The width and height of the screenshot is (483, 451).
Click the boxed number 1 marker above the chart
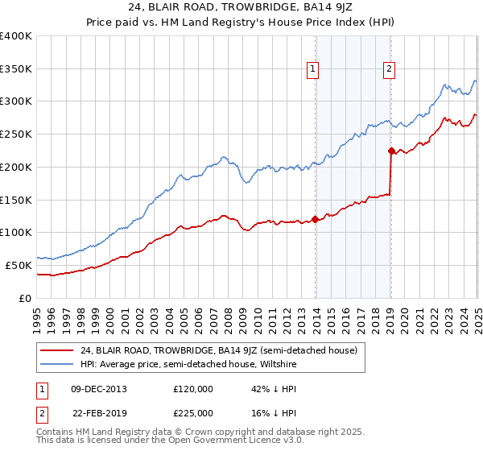click(x=312, y=70)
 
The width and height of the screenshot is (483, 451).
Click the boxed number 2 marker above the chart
click(x=389, y=70)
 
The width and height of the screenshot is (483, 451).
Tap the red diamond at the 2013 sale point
click(x=316, y=219)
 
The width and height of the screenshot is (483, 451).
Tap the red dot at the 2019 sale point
click(x=391, y=150)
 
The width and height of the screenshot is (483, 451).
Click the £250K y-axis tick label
click(x=16, y=134)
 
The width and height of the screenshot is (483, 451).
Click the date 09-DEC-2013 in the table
click(x=99, y=389)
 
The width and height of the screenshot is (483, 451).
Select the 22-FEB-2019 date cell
click(x=99, y=413)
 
